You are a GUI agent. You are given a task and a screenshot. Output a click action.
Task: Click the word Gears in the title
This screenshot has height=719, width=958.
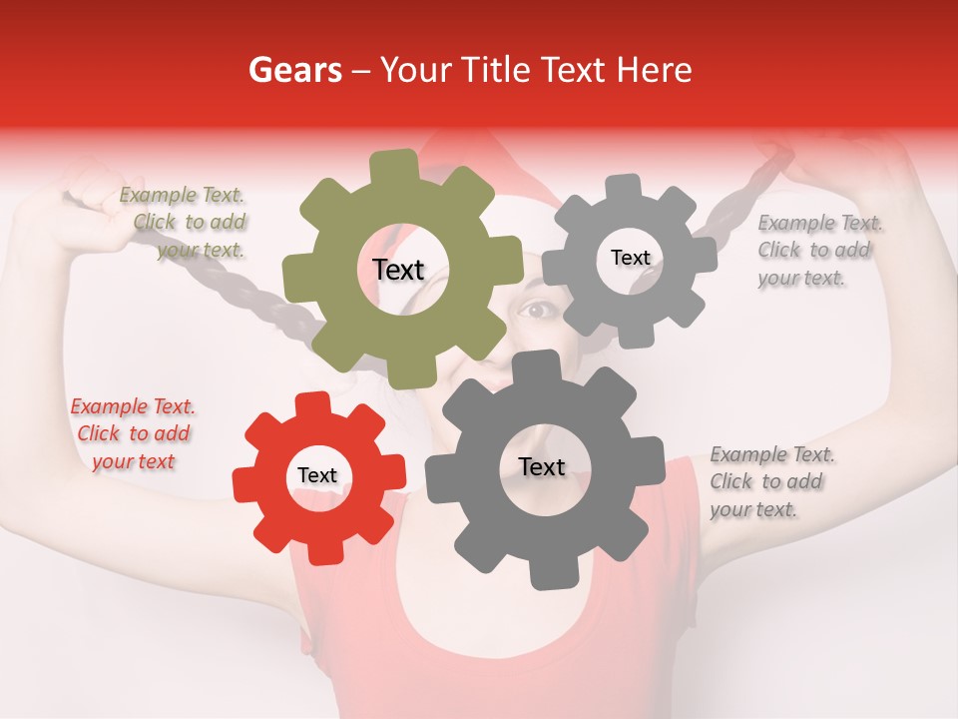(x=294, y=71)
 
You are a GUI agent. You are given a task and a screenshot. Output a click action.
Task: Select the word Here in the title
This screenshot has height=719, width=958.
(x=654, y=71)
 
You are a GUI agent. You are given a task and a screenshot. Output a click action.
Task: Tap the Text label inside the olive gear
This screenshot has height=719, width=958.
(x=398, y=270)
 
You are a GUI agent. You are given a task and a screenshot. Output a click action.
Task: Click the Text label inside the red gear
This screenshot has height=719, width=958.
(x=317, y=476)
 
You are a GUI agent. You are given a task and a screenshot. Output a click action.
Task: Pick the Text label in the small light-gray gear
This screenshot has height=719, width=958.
(x=630, y=258)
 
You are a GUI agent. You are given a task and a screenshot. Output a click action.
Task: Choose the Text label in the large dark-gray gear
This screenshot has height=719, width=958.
(x=541, y=466)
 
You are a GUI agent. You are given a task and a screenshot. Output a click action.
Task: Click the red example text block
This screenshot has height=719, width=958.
(x=133, y=434)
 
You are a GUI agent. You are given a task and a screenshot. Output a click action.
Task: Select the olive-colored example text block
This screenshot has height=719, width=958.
(x=185, y=223)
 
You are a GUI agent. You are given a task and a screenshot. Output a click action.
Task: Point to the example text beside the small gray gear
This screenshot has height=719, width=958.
(x=815, y=251)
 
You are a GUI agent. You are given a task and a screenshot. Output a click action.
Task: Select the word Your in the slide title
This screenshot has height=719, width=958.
(x=417, y=71)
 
